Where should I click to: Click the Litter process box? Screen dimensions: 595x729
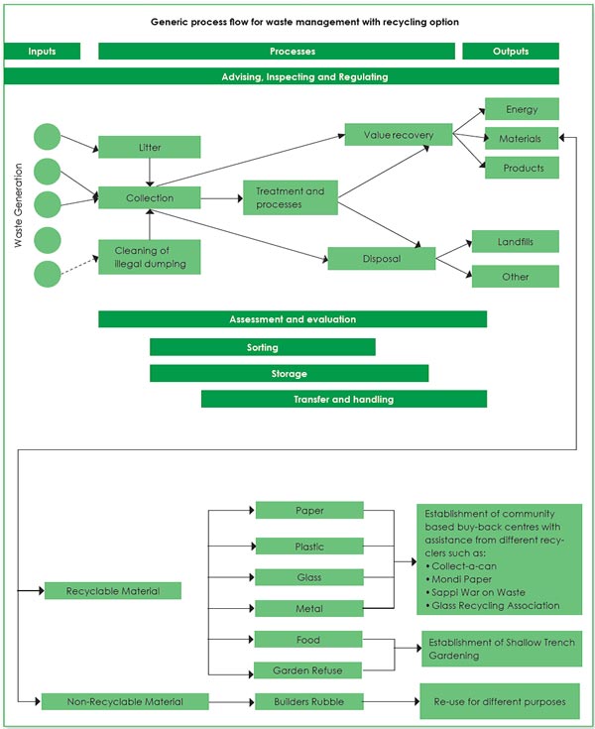(149, 147)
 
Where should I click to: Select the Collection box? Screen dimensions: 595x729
(149, 197)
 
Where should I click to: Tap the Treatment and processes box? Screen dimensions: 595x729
(291, 197)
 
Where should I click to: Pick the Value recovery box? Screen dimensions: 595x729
(399, 134)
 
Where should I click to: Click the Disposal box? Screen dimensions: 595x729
(382, 259)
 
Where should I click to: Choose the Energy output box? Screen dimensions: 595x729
(522, 109)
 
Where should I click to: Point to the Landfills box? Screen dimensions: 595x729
(515, 241)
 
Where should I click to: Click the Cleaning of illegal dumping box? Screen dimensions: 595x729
(149, 257)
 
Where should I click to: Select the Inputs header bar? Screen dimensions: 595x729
(42, 52)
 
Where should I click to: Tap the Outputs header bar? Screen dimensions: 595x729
(511, 52)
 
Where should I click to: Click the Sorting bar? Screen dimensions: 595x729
(262, 347)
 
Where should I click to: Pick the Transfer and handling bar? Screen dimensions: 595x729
(344, 399)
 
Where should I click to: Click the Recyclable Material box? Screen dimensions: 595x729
(113, 590)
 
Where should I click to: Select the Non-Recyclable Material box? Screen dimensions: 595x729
(125, 701)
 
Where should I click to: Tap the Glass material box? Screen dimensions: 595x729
(309, 577)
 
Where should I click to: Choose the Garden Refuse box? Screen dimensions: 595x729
(307, 669)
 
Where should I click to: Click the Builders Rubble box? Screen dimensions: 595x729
(309, 701)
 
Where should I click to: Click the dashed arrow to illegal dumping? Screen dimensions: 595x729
(79, 266)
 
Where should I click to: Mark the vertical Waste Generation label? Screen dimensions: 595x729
(18, 205)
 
